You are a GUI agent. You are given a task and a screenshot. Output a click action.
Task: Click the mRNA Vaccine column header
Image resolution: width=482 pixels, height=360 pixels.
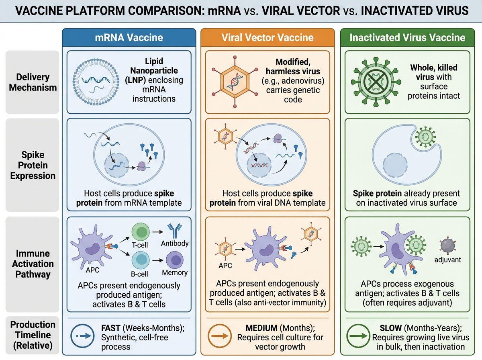coord(129,38)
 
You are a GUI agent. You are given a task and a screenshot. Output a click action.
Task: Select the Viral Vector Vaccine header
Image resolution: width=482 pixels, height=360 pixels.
coord(267,38)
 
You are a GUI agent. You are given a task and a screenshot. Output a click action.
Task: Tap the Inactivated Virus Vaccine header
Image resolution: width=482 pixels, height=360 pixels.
coord(407,38)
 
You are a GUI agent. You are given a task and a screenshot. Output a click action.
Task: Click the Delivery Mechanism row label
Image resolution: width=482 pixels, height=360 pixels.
coord(33,82)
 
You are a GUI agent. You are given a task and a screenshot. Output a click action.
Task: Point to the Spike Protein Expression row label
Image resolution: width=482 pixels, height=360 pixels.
coord(33,165)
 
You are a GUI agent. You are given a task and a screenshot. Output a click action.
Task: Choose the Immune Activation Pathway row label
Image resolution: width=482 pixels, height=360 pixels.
coord(33,264)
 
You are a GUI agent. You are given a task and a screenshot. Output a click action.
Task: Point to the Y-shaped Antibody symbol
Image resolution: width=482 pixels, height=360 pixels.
coord(174,231)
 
